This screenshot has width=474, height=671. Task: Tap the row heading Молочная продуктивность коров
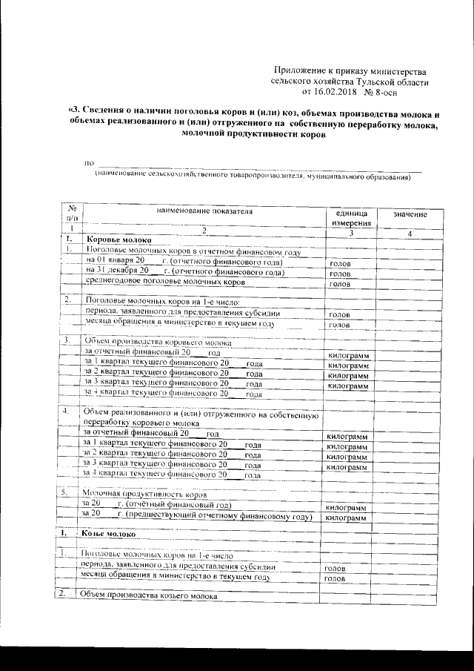click(144, 493)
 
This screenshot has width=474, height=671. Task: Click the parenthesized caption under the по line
click(252, 178)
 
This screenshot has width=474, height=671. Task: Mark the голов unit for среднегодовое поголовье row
click(339, 284)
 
